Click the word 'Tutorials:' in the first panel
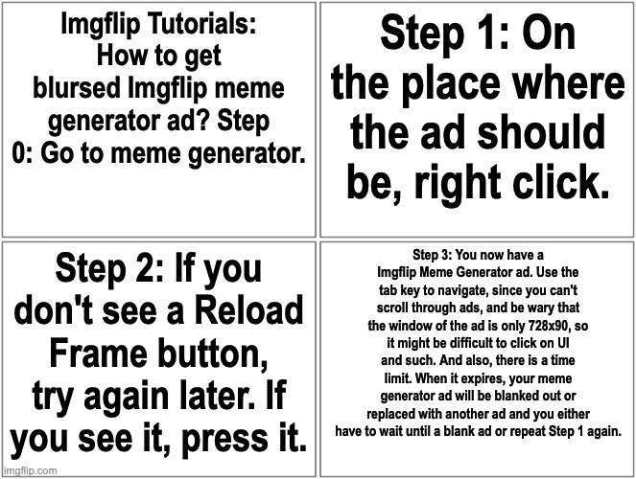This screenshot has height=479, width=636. click(x=203, y=29)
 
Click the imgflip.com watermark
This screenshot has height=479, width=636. click(x=31, y=470)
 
